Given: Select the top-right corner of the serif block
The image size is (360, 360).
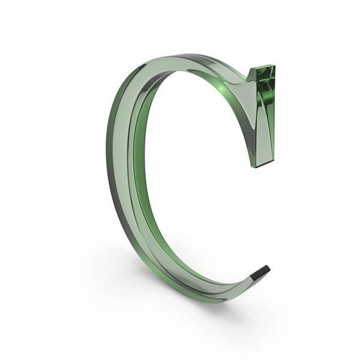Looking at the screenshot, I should [275, 65].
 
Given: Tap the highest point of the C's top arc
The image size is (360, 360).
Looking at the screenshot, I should [174, 55].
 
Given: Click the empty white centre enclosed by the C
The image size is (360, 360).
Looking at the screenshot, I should [198, 180].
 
